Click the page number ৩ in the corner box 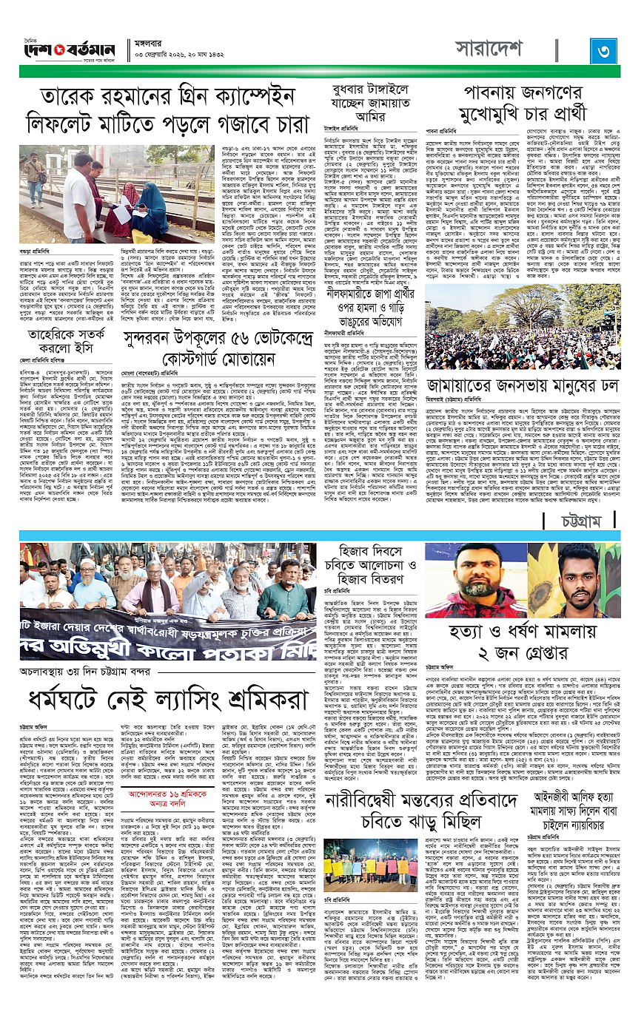(604, 50)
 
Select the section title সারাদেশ (489, 49)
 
